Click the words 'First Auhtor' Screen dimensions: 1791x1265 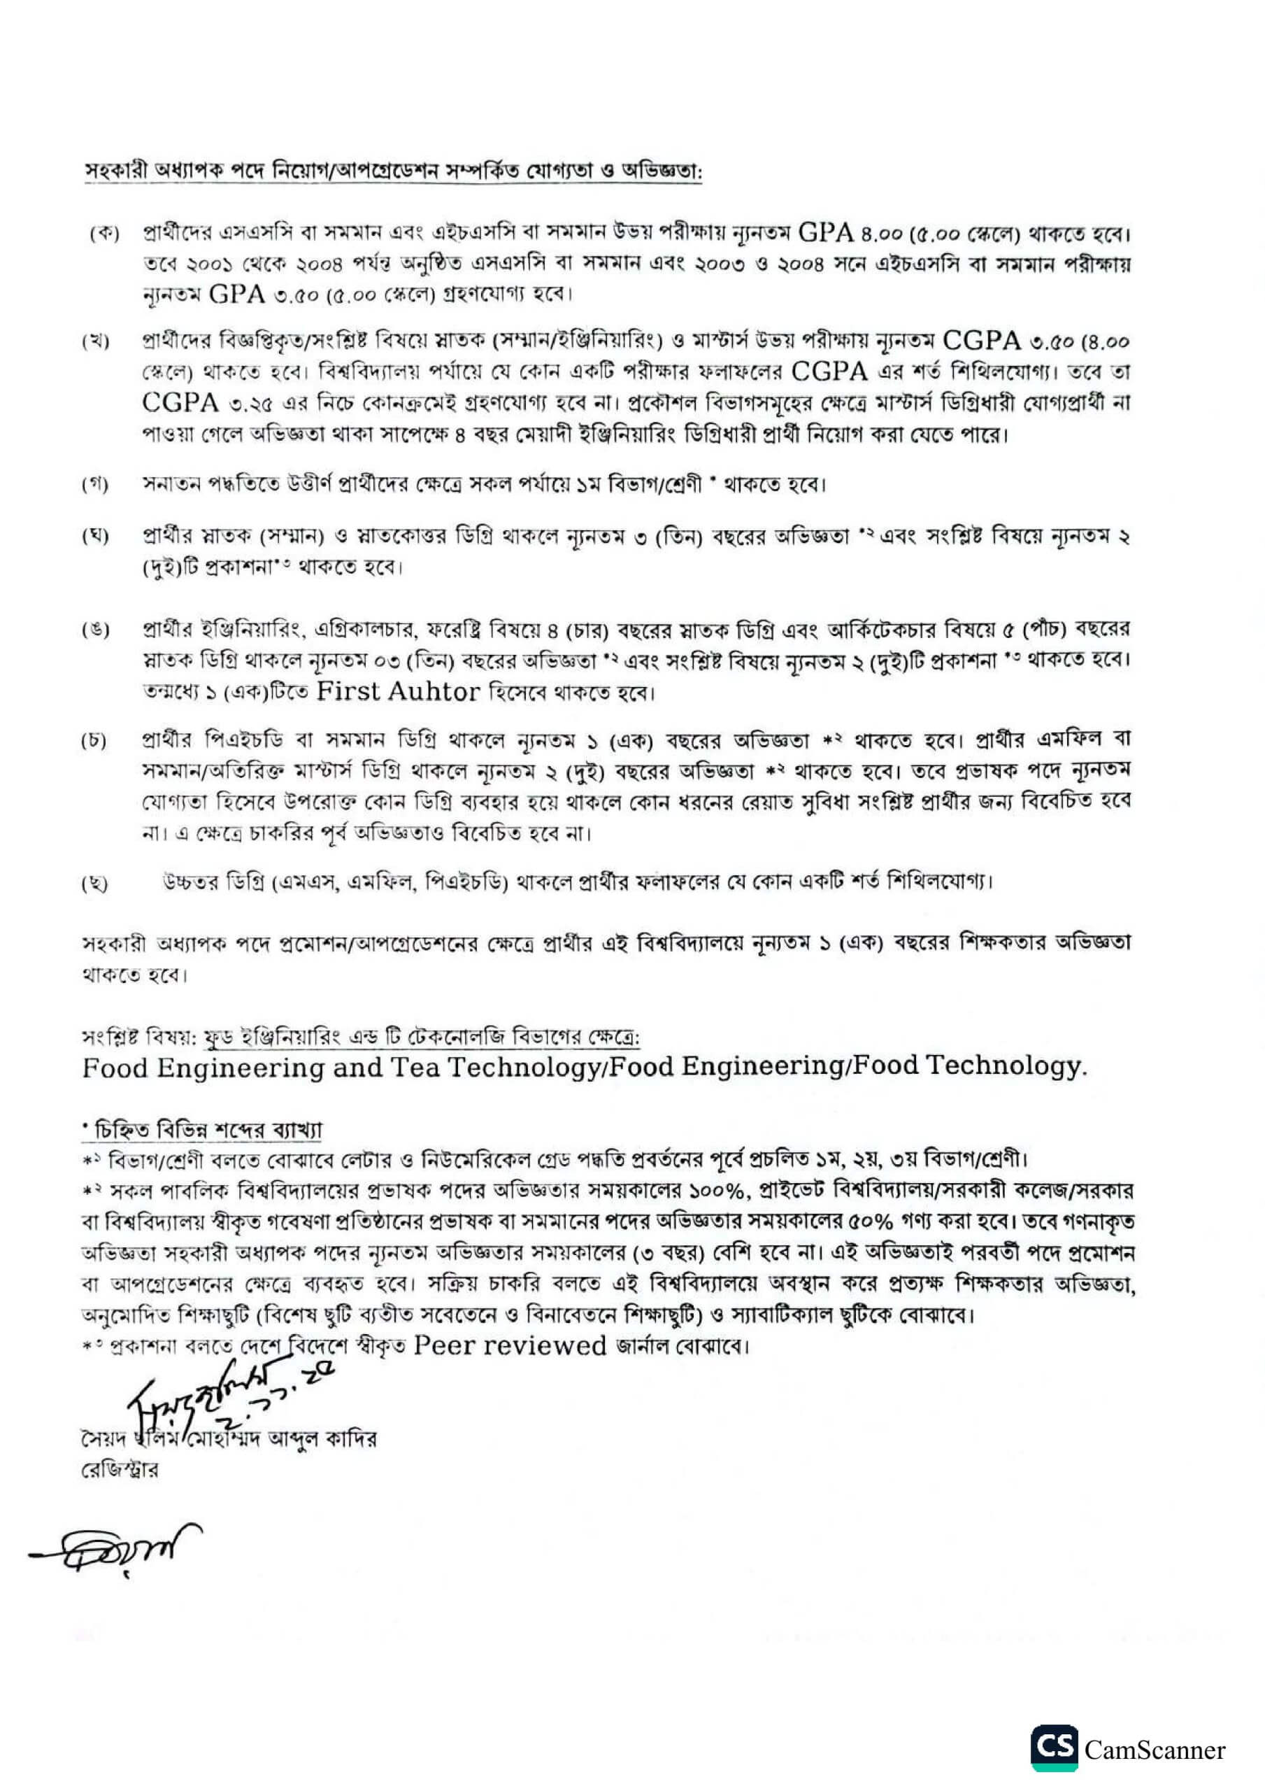tap(398, 692)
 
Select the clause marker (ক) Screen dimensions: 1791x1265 tap(103, 234)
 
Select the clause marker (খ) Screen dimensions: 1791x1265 tap(96, 342)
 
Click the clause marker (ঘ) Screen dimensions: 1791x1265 tap(96, 536)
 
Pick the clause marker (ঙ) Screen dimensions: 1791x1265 tap(96, 630)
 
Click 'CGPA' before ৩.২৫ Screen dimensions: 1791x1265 tap(180, 403)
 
